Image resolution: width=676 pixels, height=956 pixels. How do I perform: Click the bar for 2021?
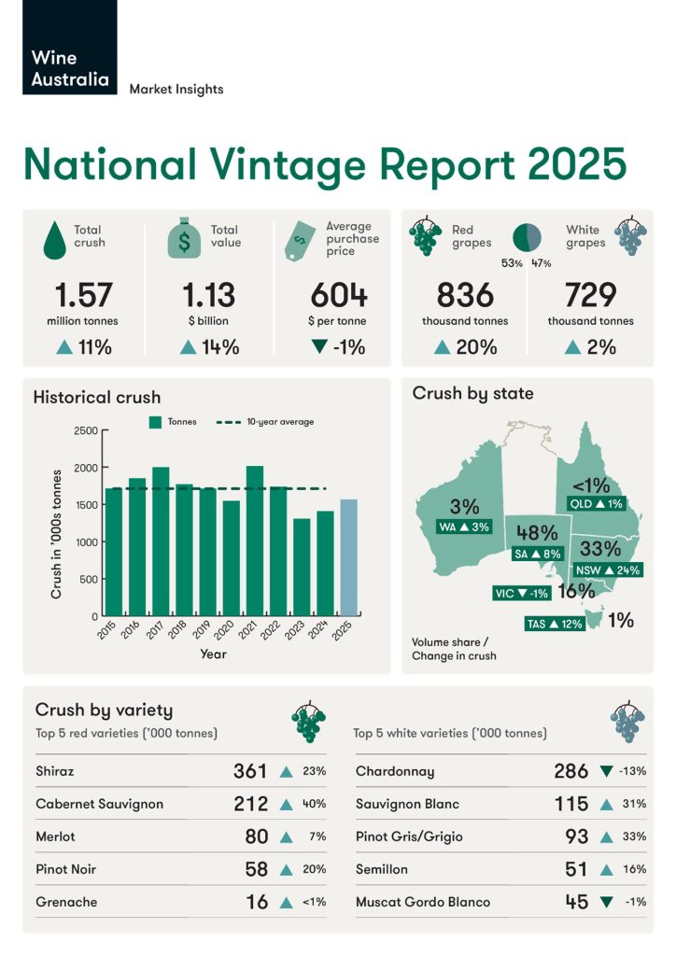[x=254, y=541]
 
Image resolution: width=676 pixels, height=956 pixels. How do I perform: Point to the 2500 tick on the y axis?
[x=85, y=430]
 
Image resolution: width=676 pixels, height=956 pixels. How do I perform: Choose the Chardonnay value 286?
[x=570, y=771]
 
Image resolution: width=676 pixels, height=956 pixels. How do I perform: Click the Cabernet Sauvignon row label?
[x=99, y=804]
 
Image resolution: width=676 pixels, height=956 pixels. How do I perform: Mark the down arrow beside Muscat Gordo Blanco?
[x=607, y=902]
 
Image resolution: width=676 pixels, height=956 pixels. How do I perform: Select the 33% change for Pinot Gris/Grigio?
[x=635, y=836]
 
